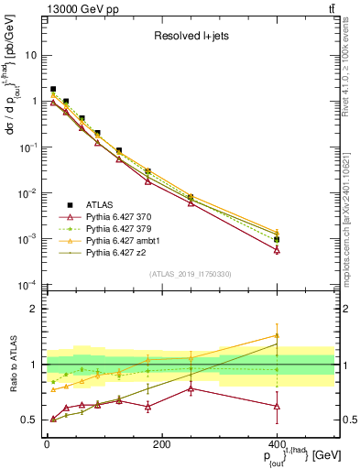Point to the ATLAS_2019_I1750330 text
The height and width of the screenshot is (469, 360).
click(x=189, y=274)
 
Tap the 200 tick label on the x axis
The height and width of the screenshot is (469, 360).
click(x=161, y=445)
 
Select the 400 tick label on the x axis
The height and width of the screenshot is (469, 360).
click(x=276, y=445)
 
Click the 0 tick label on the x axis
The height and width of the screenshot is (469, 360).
click(x=47, y=445)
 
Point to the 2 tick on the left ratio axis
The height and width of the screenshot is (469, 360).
click(x=34, y=310)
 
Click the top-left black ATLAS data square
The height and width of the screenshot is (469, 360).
click(x=53, y=90)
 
